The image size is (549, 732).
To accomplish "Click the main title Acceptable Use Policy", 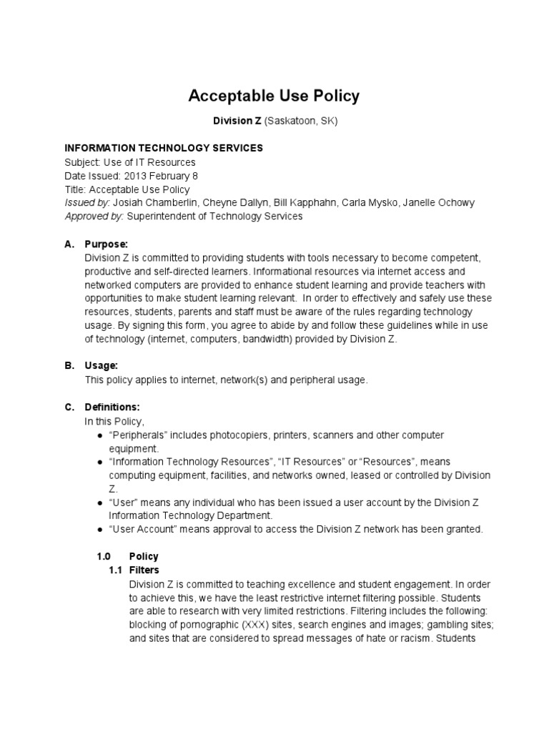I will point(274,95).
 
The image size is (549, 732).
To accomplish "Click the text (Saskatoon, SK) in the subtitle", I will point(300,122).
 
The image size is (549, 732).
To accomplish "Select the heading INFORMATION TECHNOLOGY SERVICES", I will point(164,149).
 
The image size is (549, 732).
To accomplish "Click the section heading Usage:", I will point(102,366).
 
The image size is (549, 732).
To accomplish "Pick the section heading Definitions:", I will point(112,407).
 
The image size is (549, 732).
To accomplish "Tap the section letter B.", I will point(69,366).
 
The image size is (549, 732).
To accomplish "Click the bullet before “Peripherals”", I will point(99,435).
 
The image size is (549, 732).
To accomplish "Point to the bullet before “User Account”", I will point(99,530).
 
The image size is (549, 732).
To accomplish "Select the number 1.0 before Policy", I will point(104,557).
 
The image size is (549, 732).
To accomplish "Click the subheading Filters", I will point(144,570).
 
